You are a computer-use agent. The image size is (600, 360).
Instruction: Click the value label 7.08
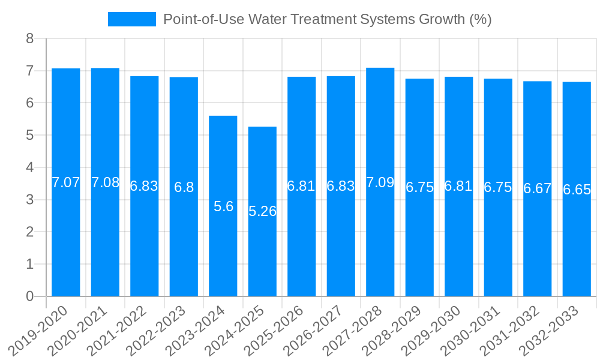105,182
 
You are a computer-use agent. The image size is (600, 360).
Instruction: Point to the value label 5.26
262,211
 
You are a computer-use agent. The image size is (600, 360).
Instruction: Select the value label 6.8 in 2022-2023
184,187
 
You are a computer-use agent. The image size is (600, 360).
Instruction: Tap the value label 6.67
537,188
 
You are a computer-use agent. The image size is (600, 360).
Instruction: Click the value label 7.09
380,182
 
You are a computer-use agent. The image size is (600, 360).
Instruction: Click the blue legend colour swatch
131,19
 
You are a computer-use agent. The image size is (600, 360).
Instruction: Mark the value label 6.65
577,190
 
